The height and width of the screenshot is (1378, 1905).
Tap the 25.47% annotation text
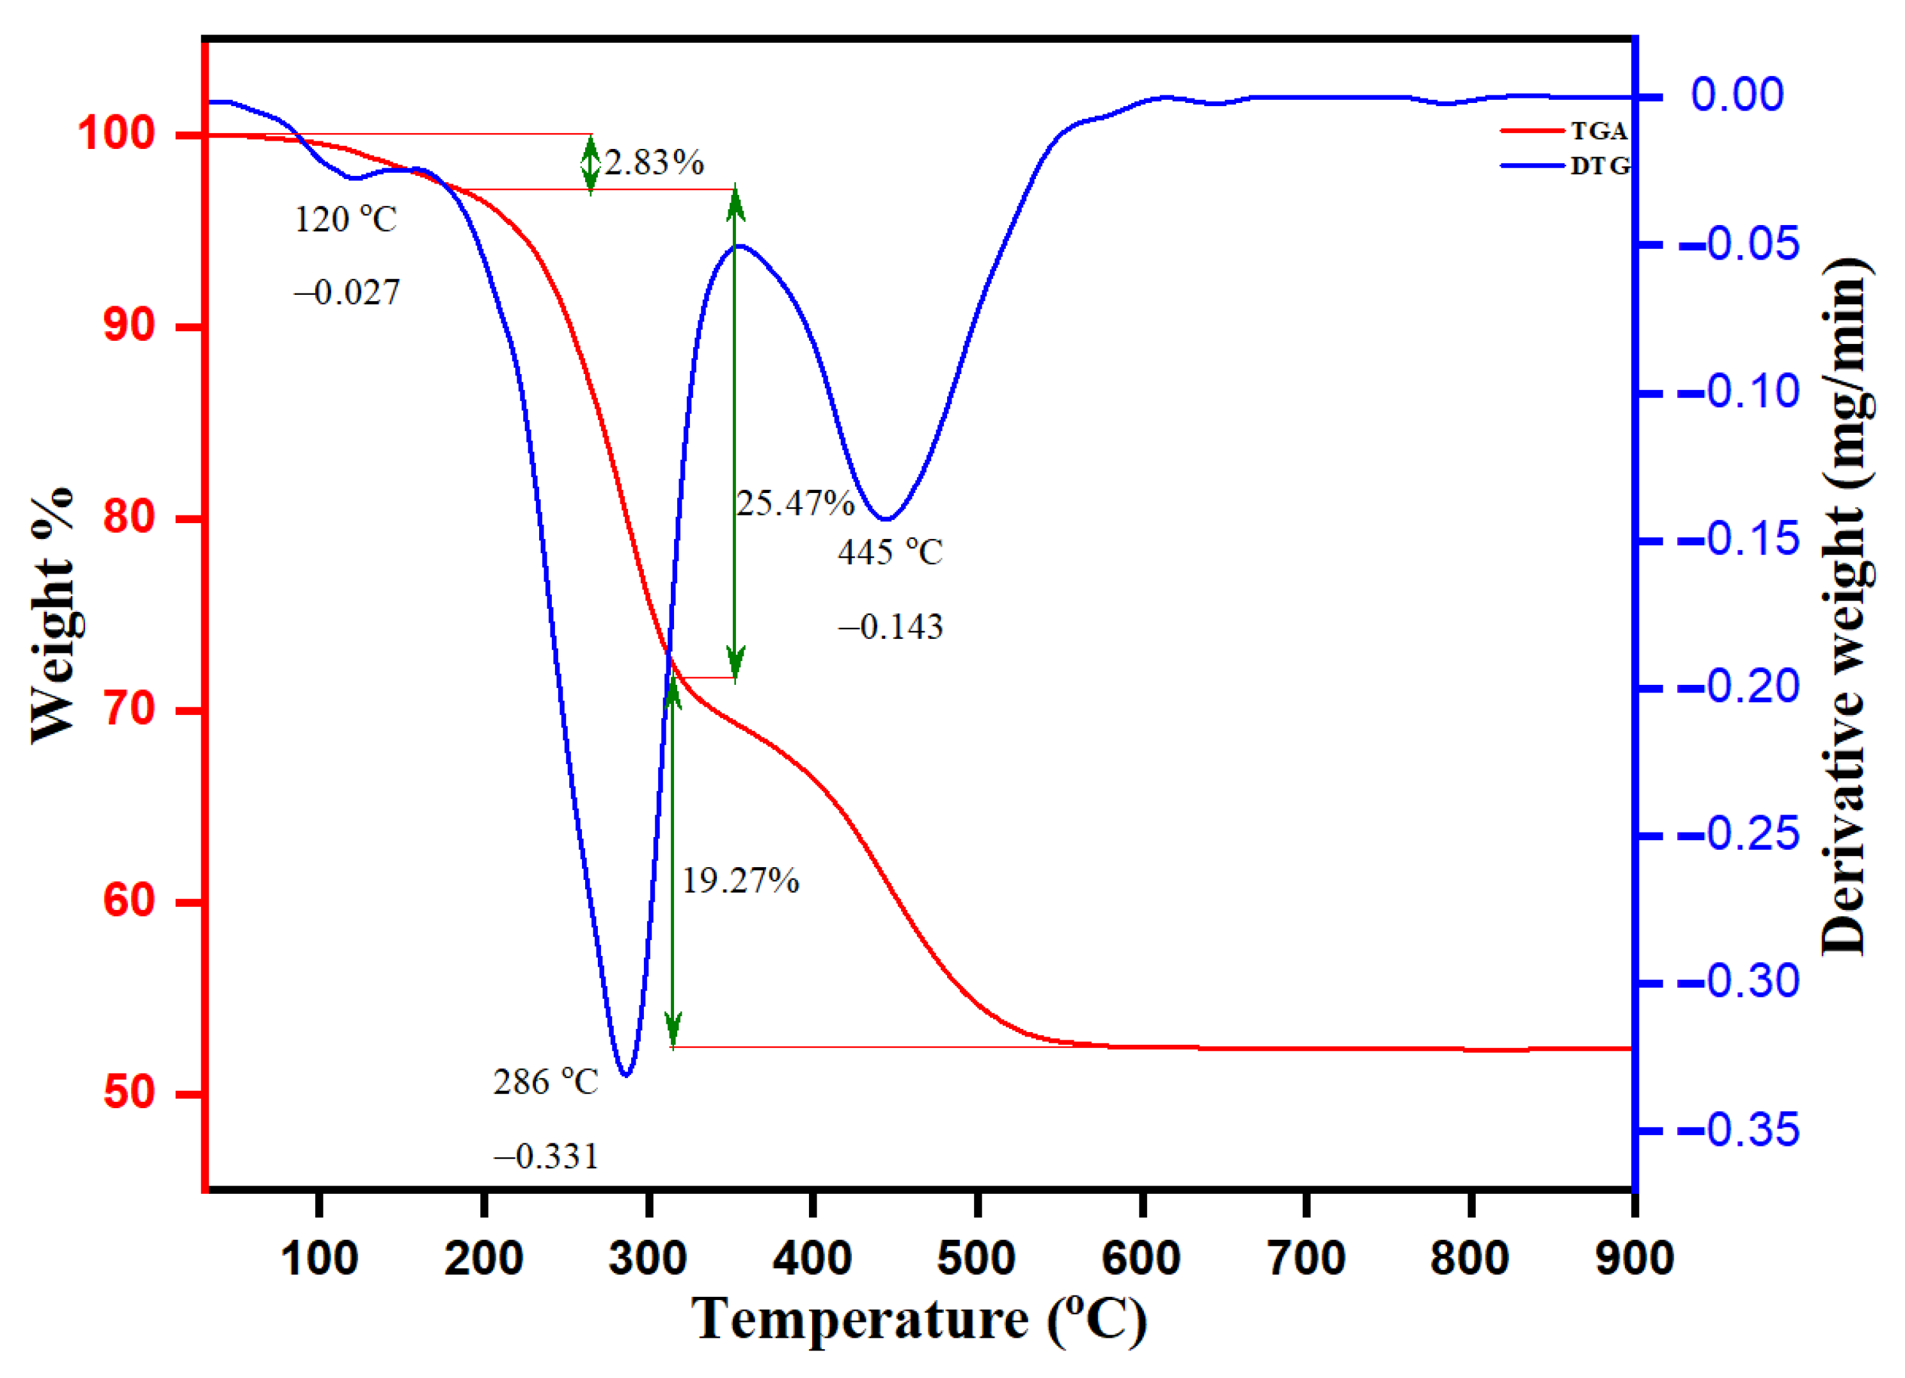pyautogui.click(x=795, y=503)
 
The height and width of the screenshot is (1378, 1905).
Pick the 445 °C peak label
pyautogui.click(x=890, y=552)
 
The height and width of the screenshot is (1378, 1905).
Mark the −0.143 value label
pyautogui.click(x=890, y=627)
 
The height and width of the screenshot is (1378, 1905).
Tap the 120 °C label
pyautogui.click(x=345, y=220)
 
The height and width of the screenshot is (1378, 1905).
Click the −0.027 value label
pyautogui.click(x=346, y=293)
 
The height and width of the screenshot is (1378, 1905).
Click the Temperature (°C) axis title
pyautogui.click(x=919, y=1320)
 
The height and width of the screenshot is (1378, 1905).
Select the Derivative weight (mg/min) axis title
pyautogui.click(x=1846, y=606)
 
